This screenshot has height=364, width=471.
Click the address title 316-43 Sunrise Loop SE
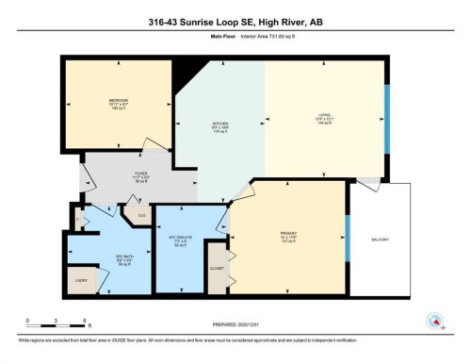(x=235, y=22)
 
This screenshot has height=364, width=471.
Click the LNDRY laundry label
(x=80, y=280)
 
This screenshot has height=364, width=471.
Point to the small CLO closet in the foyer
(x=140, y=215)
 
